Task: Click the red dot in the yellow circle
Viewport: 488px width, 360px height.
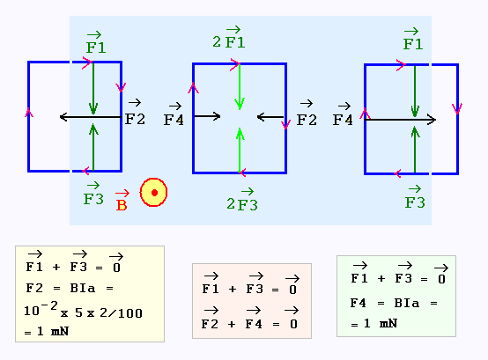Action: tap(154, 193)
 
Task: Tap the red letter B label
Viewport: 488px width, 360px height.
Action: tap(122, 201)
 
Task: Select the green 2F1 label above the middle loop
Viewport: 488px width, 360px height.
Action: tap(229, 37)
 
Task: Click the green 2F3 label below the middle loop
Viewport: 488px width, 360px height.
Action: tap(242, 200)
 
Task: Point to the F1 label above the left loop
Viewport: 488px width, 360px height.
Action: tap(96, 42)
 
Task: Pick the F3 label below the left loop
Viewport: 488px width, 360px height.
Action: tap(93, 194)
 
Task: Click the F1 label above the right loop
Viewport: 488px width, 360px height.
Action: tap(413, 39)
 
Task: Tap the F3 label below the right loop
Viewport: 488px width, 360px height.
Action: tap(415, 197)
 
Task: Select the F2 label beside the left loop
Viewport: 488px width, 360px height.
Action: tap(135, 113)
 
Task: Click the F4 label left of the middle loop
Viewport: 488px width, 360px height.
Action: tap(174, 114)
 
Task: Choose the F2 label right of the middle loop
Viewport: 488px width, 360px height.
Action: tap(307, 114)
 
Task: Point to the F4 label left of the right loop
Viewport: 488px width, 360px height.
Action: tap(343, 114)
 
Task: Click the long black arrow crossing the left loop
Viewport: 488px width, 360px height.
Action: tap(91, 117)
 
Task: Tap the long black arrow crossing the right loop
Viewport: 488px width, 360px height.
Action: tap(400, 120)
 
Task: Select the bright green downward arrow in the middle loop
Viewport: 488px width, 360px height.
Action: tap(240, 87)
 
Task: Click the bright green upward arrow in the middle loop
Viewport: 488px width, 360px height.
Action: tap(240, 150)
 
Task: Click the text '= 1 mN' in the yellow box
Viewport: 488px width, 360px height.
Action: tap(47, 332)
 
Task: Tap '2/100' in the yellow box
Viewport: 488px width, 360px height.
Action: tap(121, 312)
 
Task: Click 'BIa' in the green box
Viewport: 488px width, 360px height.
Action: tap(406, 303)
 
